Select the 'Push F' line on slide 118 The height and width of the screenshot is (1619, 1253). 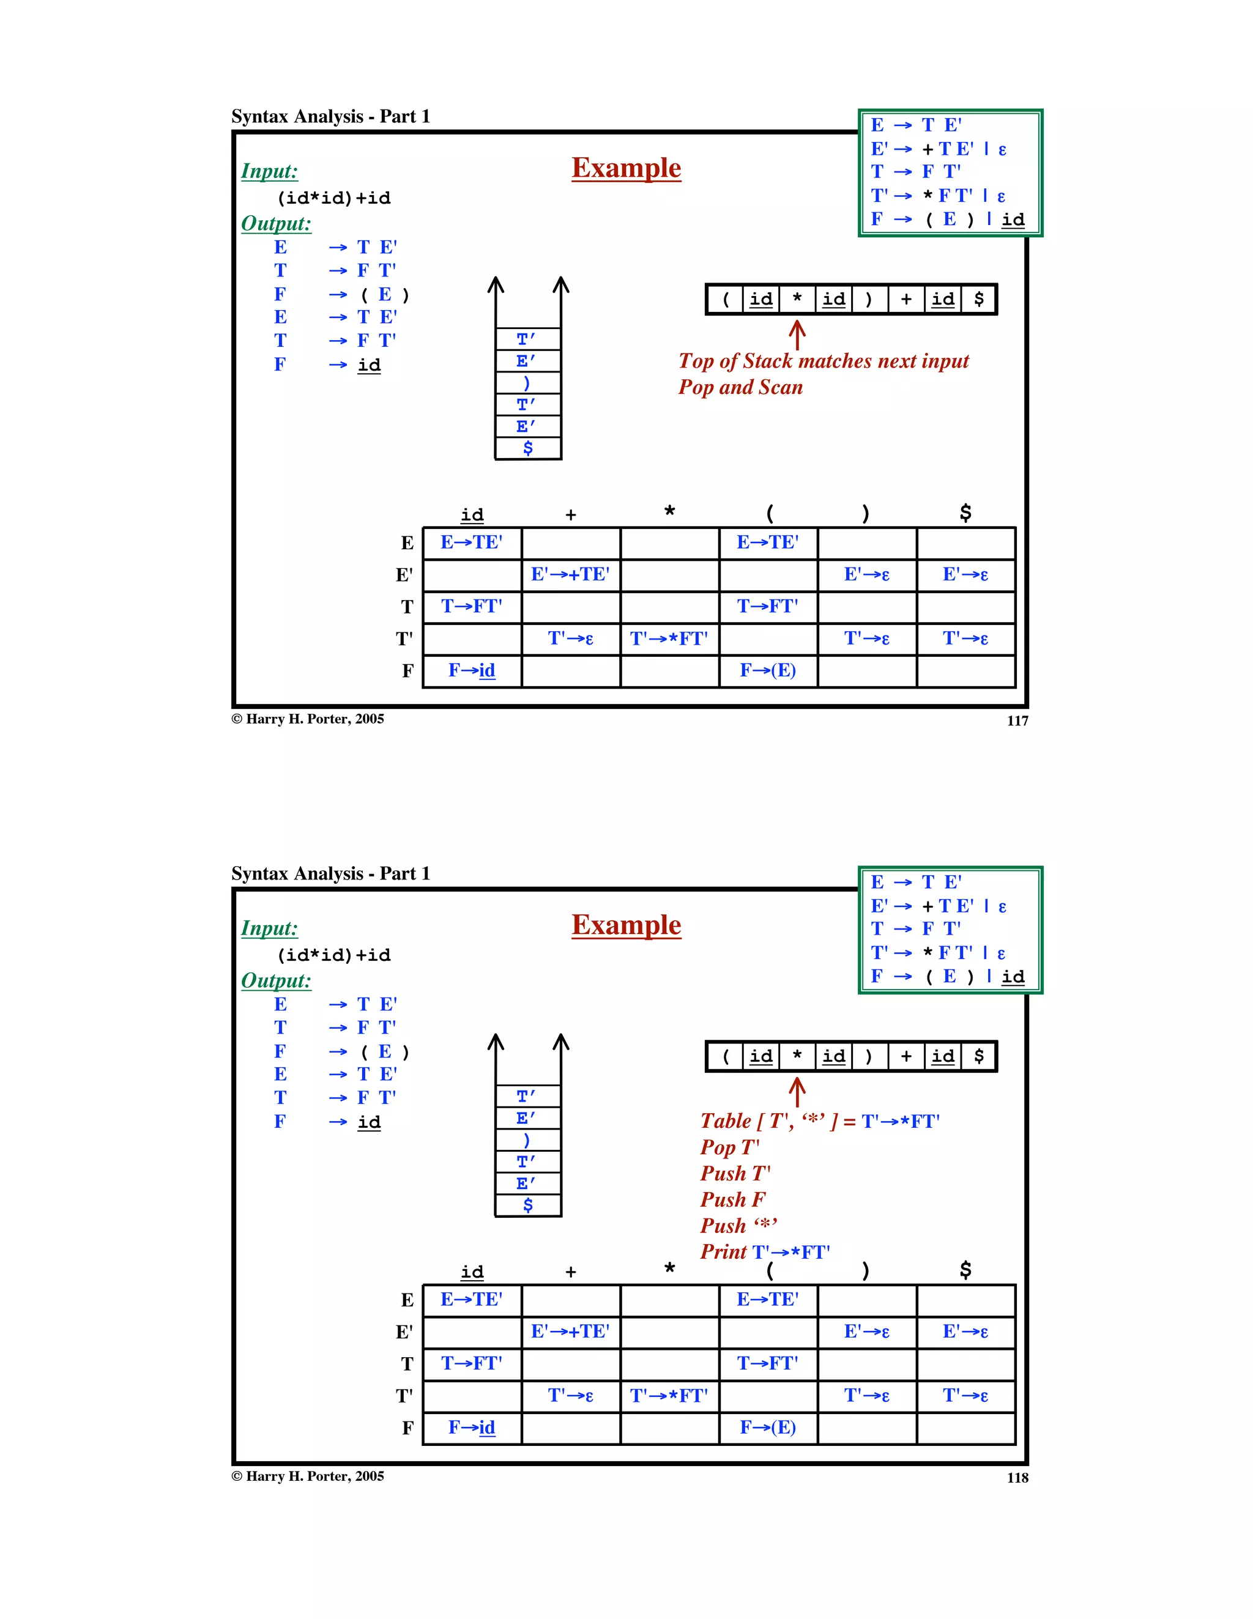click(x=732, y=1199)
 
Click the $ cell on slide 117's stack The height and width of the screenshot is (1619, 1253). click(x=528, y=448)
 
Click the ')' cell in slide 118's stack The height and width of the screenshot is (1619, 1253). click(x=528, y=1140)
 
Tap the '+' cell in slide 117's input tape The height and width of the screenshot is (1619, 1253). click(x=906, y=300)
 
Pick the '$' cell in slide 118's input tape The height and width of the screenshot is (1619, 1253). click(x=979, y=1056)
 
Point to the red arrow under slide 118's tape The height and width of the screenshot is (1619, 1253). click(x=797, y=1092)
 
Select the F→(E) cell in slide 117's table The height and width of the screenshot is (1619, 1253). click(x=767, y=671)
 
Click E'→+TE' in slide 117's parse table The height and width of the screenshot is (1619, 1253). click(x=570, y=574)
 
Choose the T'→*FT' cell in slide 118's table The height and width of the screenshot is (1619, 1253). click(x=669, y=1396)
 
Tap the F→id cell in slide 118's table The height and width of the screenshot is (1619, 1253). click(x=472, y=1428)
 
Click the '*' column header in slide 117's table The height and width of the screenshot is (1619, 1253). click(x=669, y=512)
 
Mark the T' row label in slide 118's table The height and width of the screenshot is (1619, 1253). click(x=404, y=1396)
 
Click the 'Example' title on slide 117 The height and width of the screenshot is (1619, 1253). click(x=626, y=168)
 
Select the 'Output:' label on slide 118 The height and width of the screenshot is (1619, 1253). click(x=276, y=980)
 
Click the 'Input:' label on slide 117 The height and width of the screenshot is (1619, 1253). click(x=269, y=171)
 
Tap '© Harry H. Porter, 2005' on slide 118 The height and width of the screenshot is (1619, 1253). click(x=308, y=1476)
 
